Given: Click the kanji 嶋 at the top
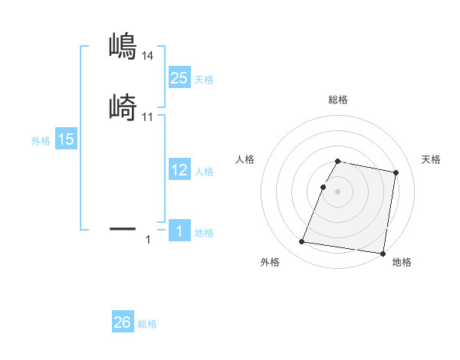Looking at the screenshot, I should (x=122, y=47).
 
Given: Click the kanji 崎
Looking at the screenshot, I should (x=122, y=106).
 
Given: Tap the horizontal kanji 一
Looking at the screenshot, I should (x=122, y=228).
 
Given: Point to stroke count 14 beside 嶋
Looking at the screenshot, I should (x=148, y=56).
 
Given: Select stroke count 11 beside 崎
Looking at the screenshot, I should (x=148, y=116).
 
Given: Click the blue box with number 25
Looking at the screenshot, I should (x=179, y=78).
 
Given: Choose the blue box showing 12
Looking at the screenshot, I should (x=179, y=170).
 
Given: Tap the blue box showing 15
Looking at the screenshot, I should (x=66, y=139).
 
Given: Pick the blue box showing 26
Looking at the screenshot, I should (x=123, y=322).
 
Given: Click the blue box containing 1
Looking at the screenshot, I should (x=179, y=231).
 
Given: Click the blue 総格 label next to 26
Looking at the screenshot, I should (x=147, y=324).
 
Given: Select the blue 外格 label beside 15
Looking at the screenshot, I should (x=41, y=141).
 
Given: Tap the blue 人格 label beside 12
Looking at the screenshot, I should (x=204, y=172).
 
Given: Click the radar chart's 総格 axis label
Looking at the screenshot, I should (x=338, y=100).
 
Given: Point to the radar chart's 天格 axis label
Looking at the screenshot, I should (x=432, y=159).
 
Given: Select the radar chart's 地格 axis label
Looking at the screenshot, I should (x=402, y=263).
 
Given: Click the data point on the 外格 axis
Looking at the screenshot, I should (x=302, y=242).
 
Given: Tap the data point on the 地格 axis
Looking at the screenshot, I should (x=382, y=254).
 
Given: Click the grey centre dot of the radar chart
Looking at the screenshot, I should (x=338, y=192).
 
